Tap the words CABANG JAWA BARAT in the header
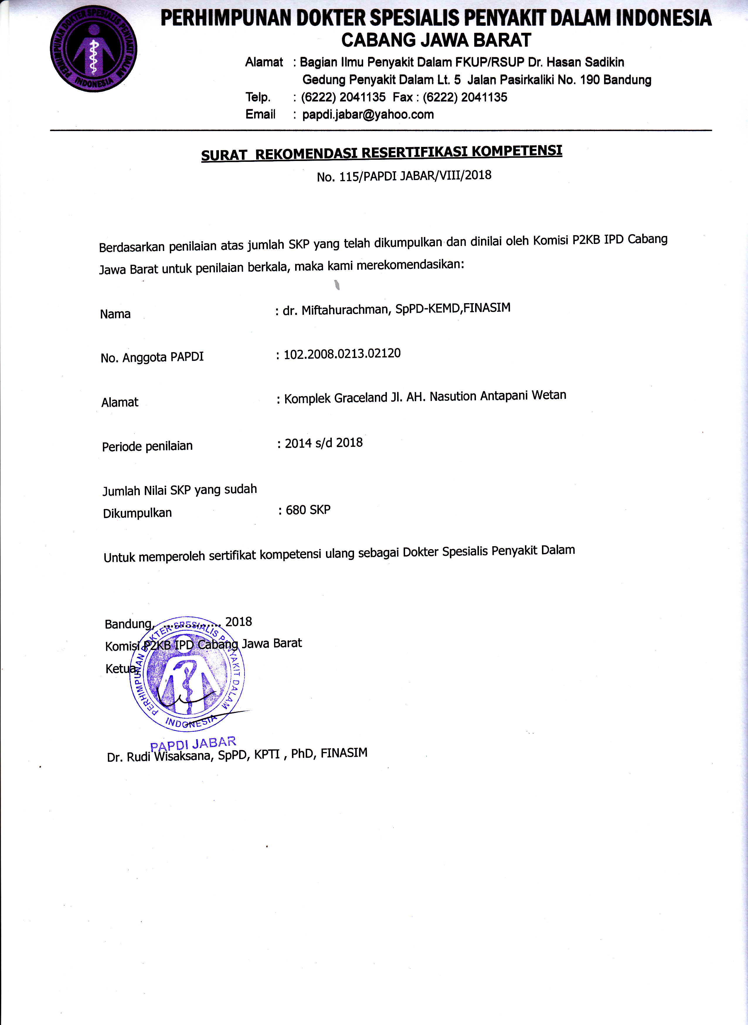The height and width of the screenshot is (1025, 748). tap(436, 40)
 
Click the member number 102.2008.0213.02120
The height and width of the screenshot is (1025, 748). tap(342, 354)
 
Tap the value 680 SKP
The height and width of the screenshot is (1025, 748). tap(308, 510)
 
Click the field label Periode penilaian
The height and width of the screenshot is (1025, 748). tap(147, 446)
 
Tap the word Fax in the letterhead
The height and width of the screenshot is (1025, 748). tap(402, 97)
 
